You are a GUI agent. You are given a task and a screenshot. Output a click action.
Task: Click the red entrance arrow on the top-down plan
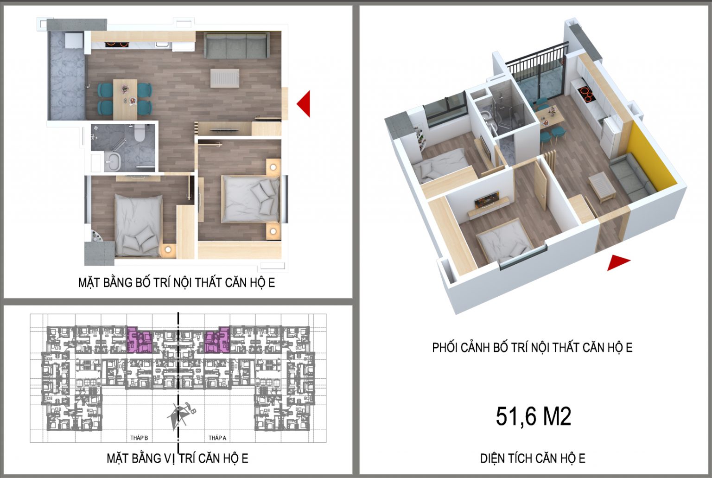tap(304, 103)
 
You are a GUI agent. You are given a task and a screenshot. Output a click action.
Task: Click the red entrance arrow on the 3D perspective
tap(617, 262)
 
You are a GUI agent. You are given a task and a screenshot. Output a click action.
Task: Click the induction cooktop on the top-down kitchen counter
tap(117, 45)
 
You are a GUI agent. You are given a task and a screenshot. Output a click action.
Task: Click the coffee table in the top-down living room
tap(225, 78)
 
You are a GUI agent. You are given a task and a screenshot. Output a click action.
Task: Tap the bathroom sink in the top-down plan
tap(112, 162)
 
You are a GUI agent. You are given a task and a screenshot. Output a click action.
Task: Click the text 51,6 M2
tap(533, 416)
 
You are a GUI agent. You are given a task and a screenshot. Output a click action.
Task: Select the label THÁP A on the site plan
tap(217, 438)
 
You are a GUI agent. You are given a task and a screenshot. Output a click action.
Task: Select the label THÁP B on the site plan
tap(139, 438)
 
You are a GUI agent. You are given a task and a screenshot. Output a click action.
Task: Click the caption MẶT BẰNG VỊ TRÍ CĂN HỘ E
tap(178, 459)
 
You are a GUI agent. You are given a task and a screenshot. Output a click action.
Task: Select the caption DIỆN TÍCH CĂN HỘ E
tap(533, 459)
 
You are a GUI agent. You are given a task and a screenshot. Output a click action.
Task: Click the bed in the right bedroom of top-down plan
tap(250, 198)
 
